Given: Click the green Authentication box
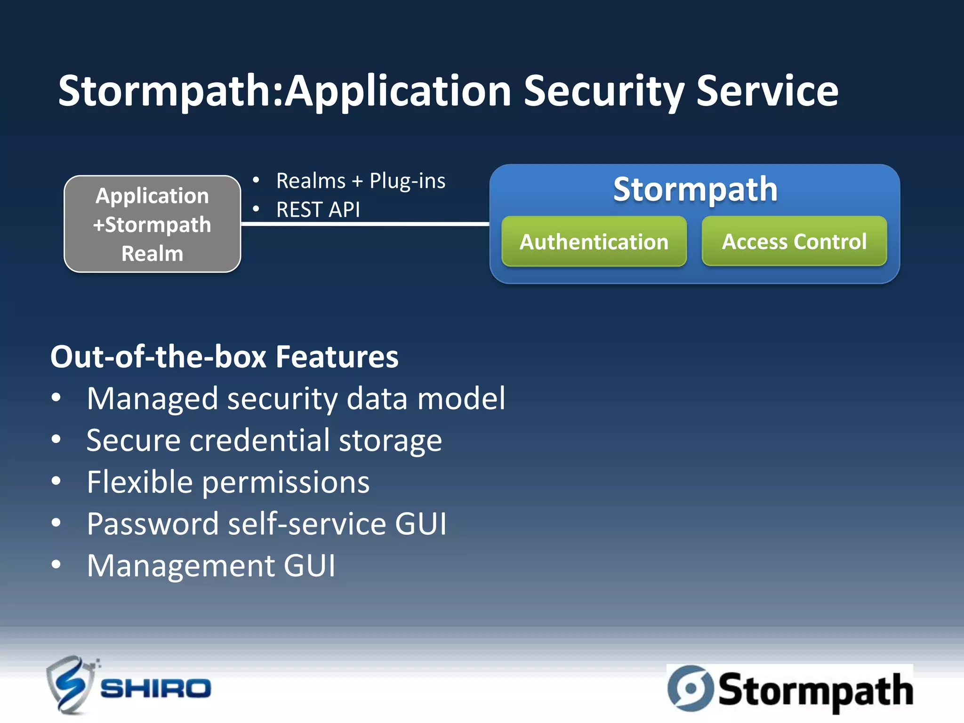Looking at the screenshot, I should click(x=594, y=241).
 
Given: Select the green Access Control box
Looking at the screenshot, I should click(x=794, y=241).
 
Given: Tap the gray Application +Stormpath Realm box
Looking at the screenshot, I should click(x=152, y=224).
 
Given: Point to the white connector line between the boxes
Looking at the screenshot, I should click(x=365, y=224).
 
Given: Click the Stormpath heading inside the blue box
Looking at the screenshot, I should click(x=695, y=189).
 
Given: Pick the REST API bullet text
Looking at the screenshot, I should click(x=318, y=209).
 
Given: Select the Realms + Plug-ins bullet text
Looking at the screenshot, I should click(x=361, y=181).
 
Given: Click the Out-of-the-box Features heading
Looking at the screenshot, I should click(x=224, y=356).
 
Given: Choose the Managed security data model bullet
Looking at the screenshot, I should click(x=296, y=399).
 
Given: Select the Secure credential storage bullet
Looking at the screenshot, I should click(x=264, y=441).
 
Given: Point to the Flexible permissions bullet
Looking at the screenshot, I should click(x=228, y=482).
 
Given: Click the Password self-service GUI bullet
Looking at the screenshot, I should click(x=266, y=523).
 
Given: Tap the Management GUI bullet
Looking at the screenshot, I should click(x=211, y=565).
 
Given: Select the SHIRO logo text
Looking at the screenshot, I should click(x=156, y=689).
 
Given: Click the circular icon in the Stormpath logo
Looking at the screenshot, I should click(x=690, y=688).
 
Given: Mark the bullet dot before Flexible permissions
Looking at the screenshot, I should click(x=56, y=482).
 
